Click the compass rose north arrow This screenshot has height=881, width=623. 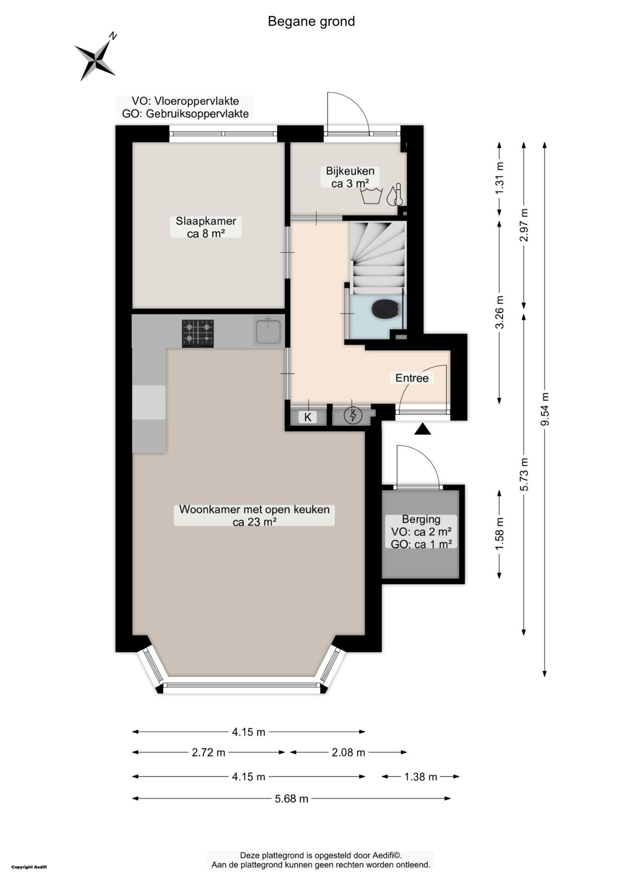(96, 56)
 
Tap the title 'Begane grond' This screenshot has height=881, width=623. (311, 22)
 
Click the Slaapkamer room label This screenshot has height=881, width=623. (205, 227)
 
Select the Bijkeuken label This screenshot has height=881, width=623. (350, 177)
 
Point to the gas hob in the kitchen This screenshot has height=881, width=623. (198, 334)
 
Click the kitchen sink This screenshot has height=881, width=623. (268, 332)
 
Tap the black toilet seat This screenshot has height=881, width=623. (385, 309)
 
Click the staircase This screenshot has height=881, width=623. (378, 258)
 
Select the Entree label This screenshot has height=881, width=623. (412, 378)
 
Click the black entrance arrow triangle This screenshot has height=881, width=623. (423, 428)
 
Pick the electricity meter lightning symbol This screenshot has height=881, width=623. (353, 415)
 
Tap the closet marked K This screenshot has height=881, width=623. (308, 417)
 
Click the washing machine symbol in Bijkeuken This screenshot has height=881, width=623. (372, 196)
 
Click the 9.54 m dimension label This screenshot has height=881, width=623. (545, 409)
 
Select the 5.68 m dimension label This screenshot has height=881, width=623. (292, 798)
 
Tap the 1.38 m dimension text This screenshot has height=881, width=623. (421, 777)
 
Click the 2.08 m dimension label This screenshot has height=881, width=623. (348, 752)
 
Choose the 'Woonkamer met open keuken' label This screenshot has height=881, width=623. (254, 515)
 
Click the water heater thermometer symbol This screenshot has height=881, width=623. (395, 194)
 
